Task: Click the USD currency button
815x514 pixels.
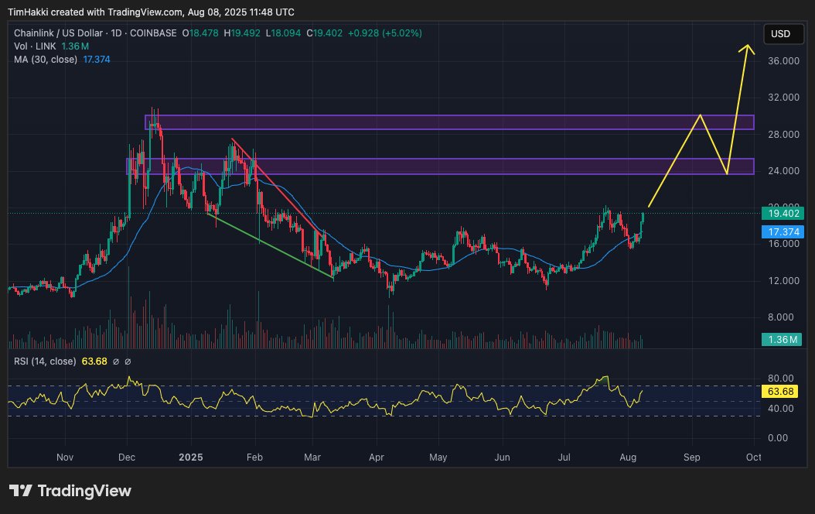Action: [x=781, y=34]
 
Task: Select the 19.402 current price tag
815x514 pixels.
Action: [x=782, y=214]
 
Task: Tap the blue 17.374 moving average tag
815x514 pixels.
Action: [x=782, y=231]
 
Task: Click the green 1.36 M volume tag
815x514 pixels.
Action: [x=782, y=339]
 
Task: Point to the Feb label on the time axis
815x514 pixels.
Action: [x=255, y=457]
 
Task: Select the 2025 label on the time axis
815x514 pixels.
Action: [x=191, y=457]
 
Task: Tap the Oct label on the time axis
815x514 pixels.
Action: [x=754, y=457]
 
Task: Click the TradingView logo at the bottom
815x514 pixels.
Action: [x=70, y=491]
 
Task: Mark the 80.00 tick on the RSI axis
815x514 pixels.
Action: [x=781, y=379]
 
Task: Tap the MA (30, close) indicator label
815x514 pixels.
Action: [x=46, y=60]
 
